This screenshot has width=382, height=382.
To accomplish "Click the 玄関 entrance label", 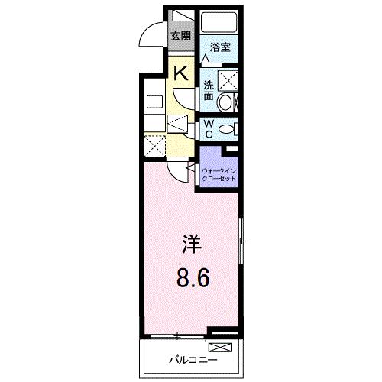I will click(180, 35).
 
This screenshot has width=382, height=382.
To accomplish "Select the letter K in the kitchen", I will click(181, 73).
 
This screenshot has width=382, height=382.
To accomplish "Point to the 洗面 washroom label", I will click(208, 91).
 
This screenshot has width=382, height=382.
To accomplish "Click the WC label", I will click(209, 128).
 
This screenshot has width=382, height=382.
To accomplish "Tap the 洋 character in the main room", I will click(191, 247).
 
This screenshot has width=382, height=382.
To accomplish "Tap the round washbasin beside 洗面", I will click(227, 102).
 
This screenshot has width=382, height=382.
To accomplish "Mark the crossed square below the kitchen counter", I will click(156, 144).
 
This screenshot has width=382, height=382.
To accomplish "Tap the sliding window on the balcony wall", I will click(177, 335).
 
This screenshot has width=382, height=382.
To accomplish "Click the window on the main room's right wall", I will click(241, 242).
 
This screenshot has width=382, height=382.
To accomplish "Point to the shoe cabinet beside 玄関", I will click(181, 16).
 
